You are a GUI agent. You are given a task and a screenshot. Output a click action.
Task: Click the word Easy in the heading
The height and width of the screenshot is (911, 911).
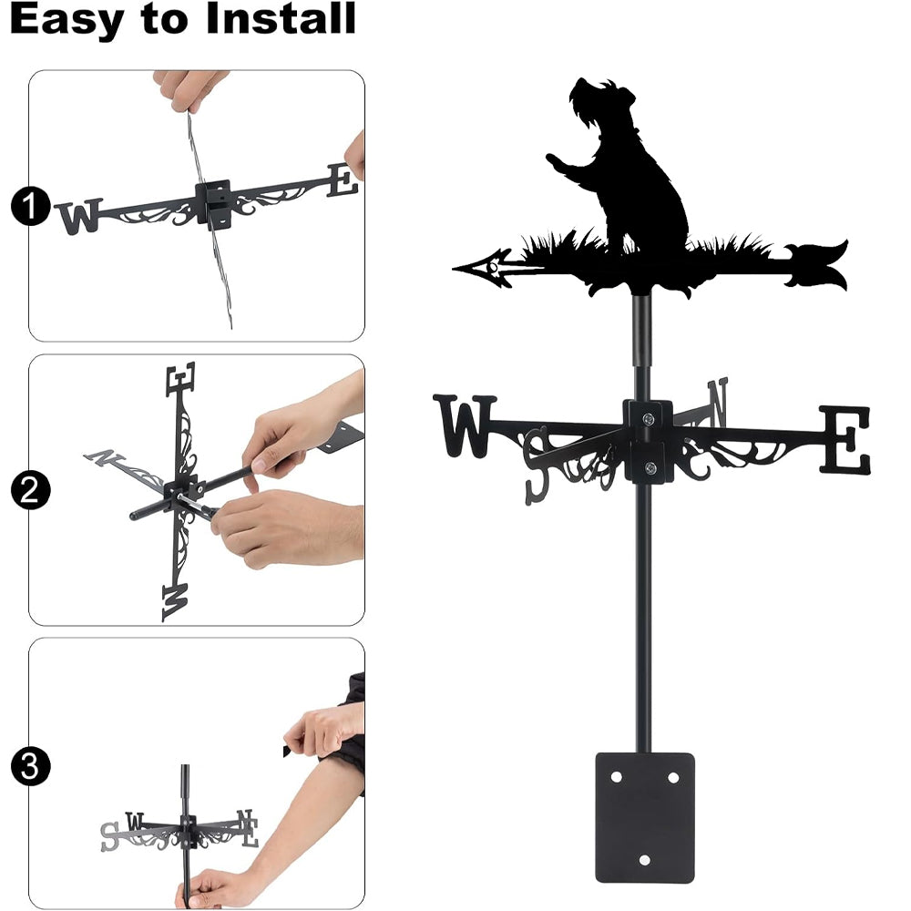67,20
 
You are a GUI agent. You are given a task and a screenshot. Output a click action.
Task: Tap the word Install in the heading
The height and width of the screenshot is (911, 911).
281,18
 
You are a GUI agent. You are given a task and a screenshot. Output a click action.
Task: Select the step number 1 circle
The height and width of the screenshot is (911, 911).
30,206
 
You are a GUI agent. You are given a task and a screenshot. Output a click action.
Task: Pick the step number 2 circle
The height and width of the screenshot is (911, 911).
30,490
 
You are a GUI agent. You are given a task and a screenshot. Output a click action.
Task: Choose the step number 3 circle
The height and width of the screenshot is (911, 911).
30,766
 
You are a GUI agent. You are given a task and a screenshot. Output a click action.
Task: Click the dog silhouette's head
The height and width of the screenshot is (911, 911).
601,105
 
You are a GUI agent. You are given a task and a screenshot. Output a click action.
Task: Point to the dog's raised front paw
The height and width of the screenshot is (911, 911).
556,160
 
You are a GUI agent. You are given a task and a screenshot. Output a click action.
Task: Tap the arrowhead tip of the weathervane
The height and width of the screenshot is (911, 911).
455,268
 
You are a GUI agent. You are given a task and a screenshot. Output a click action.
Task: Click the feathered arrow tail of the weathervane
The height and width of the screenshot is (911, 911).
816,264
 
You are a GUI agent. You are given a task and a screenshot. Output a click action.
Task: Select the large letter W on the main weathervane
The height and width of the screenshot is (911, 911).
465,425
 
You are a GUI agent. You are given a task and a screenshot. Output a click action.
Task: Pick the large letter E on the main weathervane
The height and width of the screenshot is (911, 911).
845,439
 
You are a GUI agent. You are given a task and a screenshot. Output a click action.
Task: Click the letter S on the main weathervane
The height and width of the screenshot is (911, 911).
537,466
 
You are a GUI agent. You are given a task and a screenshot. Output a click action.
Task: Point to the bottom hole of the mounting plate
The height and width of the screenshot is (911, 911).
644,860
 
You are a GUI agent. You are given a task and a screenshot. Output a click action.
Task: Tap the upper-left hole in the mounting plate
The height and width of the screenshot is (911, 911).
616,777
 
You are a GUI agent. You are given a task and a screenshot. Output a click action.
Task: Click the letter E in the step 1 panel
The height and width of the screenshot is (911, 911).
343,180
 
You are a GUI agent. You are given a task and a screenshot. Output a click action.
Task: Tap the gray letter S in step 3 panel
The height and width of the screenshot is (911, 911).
109,837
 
